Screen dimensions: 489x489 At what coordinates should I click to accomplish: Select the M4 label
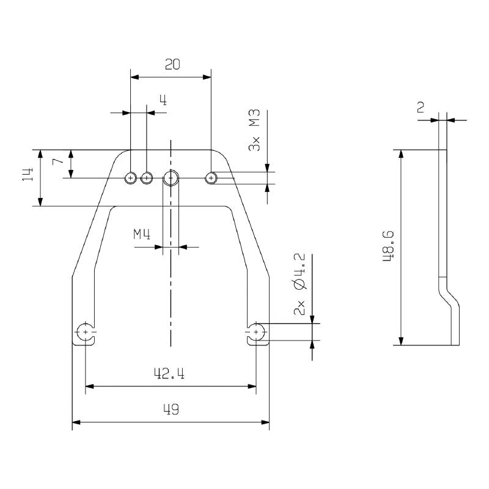pyautogui.click(x=142, y=233)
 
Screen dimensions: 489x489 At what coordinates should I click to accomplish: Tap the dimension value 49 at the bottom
pyautogui.click(x=171, y=410)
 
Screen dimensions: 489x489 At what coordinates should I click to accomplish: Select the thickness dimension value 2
pyautogui.click(x=421, y=108)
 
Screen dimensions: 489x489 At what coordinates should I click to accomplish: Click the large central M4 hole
pyautogui.click(x=171, y=178)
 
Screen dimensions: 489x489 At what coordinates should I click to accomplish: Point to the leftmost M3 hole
pyautogui.click(x=130, y=178)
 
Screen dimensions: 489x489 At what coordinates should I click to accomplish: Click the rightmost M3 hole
pyautogui.click(x=211, y=178)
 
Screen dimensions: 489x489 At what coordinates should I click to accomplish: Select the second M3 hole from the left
pyautogui.click(x=146, y=178)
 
